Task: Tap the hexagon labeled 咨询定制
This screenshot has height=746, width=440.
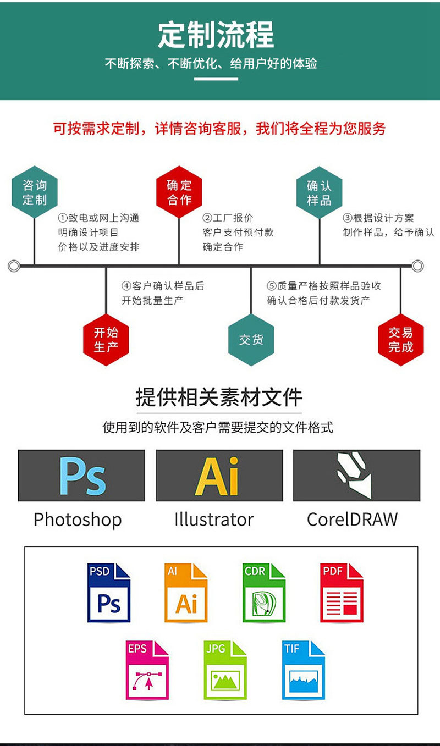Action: [x=35, y=192]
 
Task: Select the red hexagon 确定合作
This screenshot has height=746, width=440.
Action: [x=179, y=192]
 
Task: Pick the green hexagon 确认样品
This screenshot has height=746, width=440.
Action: [x=320, y=192]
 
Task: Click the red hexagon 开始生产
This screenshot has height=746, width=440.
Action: [x=106, y=339]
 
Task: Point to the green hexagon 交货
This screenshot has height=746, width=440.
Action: [x=251, y=339]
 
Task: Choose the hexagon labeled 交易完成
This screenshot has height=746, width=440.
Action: [x=400, y=339]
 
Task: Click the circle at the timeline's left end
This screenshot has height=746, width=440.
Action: [x=14, y=266]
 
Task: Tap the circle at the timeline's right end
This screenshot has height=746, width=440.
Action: [x=417, y=266]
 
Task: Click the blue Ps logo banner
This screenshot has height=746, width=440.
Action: [x=81, y=476]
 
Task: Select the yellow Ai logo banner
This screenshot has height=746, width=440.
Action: [x=219, y=476]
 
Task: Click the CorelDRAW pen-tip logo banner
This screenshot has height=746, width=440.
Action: [x=356, y=476]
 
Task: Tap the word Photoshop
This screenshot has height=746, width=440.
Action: [x=78, y=520]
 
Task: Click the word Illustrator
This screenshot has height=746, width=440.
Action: [x=214, y=520]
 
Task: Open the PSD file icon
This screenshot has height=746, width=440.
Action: [x=109, y=593]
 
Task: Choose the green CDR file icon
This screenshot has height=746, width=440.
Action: [x=264, y=593]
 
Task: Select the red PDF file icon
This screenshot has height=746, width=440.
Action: [x=342, y=593]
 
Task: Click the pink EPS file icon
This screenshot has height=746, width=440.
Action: [x=147, y=670]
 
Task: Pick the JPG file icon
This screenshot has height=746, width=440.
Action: [x=225, y=670]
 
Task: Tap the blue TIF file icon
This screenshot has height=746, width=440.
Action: [x=303, y=670]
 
